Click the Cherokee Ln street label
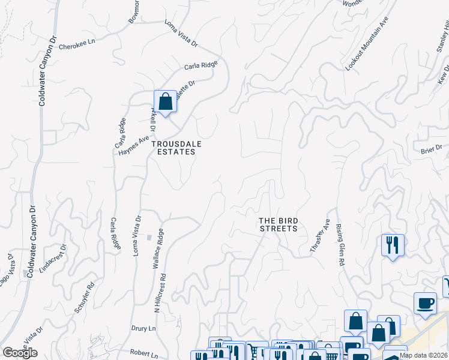coord(82,43)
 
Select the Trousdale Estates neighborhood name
coord(176,148)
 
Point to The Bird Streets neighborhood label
coord(278,224)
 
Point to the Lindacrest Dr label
coord(52,259)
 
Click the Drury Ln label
coord(143,329)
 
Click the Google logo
coord(20,353)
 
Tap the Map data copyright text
coord(424,355)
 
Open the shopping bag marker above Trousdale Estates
coord(165,101)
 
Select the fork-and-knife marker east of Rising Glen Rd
coord(393,245)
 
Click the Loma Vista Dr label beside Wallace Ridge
coord(137,236)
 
